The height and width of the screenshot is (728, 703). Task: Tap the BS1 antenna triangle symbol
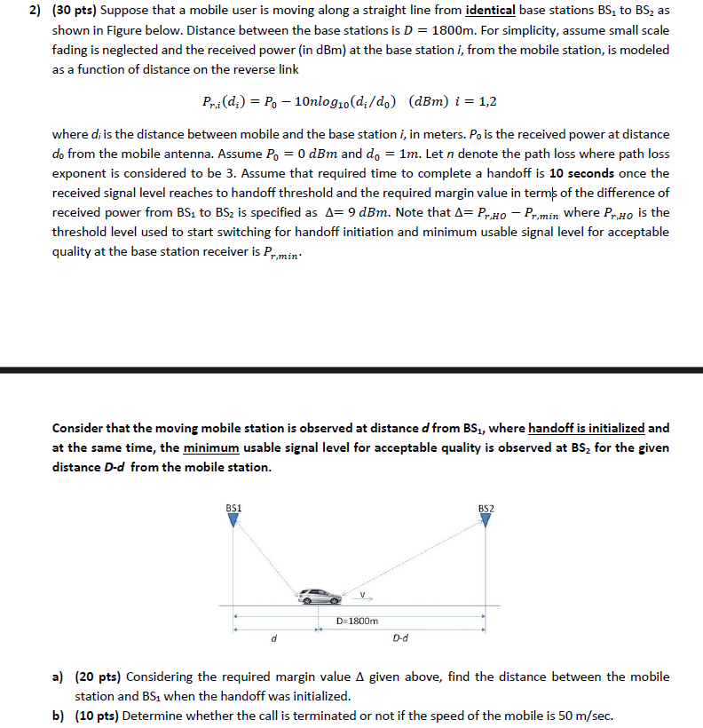(x=233, y=520)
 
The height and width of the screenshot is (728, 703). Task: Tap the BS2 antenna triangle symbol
(x=486, y=521)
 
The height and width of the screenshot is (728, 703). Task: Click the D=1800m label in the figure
(x=358, y=621)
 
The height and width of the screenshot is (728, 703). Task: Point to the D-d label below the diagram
(x=399, y=637)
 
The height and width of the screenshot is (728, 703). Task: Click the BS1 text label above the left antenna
(x=233, y=508)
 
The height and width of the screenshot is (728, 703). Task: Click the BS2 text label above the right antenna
(x=486, y=508)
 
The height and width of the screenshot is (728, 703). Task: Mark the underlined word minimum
(x=209, y=447)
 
